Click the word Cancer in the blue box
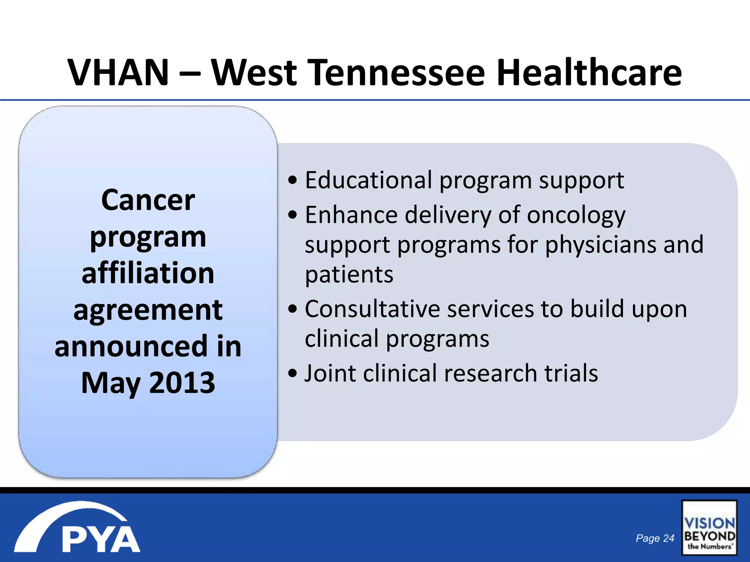click(148, 200)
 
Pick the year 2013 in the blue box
click(182, 383)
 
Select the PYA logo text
click(101, 539)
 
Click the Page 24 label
click(655, 538)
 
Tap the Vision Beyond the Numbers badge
click(709, 528)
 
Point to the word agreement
click(148, 310)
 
